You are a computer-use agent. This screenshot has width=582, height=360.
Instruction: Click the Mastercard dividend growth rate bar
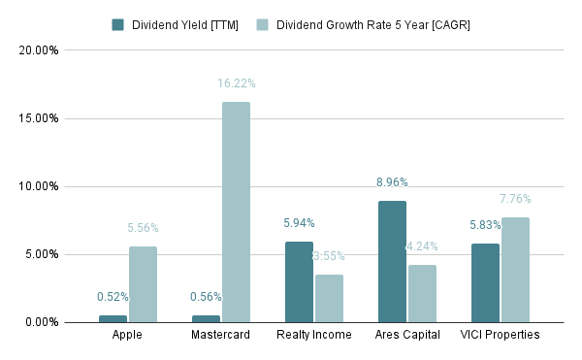coord(236,212)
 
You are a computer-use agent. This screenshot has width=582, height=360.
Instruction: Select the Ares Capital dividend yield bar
coord(392,261)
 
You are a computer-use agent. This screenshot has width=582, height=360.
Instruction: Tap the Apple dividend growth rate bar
coord(143,283)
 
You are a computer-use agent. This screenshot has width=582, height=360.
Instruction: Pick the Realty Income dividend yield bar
coord(299,281)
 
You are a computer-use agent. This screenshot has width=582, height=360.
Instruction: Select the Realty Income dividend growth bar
coord(329,298)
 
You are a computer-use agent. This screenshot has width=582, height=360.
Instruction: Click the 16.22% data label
coord(236,84)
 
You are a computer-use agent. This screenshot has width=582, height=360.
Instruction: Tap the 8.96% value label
coord(392,181)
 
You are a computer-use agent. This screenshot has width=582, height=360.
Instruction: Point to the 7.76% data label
coord(515,199)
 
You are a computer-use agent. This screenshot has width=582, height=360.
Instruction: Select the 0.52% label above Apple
coord(113,297)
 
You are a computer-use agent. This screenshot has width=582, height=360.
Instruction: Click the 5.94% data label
coord(299,223)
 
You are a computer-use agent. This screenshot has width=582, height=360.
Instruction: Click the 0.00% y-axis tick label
coord(43,322)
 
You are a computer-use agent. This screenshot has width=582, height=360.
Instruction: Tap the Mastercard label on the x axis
coord(220,335)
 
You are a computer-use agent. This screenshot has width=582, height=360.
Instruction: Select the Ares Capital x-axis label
coord(407,335)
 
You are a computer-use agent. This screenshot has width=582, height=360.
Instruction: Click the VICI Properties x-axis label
coord(501,335)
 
